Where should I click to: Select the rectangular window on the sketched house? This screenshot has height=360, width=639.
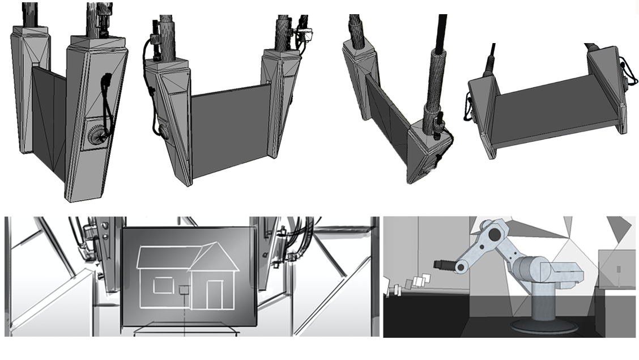point(162,285)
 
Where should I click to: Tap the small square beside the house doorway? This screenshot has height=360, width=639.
point(184,290)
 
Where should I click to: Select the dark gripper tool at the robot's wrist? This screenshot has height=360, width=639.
point(442,265)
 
